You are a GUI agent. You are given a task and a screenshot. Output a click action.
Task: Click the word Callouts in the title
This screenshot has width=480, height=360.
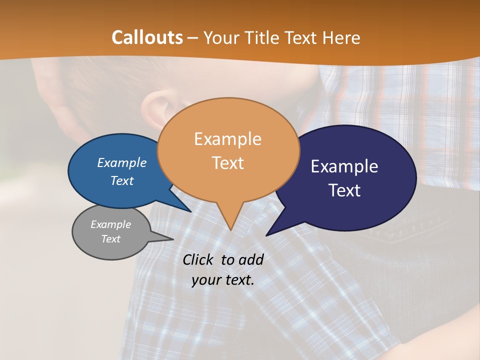coord(147,37)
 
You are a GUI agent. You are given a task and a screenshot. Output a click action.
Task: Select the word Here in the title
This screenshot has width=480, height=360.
coord(342,37)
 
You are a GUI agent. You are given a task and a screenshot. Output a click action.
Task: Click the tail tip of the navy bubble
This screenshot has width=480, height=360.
coord(267,234)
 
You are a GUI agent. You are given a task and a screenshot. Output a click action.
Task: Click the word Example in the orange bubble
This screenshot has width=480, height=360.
coord(227,139)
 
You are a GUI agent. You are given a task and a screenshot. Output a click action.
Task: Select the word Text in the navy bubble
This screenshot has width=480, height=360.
coord(345,190)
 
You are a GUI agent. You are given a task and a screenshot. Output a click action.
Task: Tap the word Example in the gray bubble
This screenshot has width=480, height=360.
coord(110,224)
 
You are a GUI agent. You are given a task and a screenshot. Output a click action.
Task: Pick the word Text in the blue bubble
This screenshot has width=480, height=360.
coord(122,180)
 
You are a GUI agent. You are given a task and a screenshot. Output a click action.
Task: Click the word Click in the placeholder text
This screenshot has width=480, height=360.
coord(198,259)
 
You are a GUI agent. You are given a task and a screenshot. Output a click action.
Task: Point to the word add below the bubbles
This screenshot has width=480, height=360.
coord(250,259)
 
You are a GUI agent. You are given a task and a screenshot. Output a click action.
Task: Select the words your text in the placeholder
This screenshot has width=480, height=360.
coord(222,280)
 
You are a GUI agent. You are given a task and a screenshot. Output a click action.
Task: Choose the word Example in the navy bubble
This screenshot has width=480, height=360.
coord(344,166)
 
